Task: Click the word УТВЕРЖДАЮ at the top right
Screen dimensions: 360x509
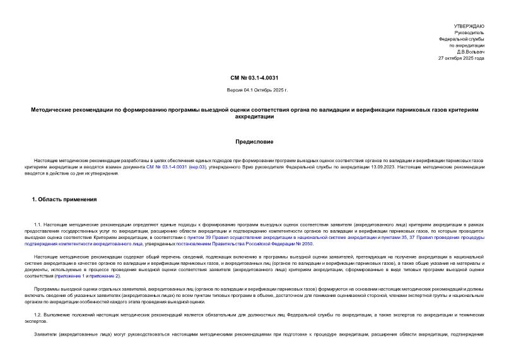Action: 469,26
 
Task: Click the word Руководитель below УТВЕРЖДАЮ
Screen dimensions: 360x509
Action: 469,32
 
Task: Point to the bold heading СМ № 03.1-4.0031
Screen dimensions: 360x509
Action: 254,78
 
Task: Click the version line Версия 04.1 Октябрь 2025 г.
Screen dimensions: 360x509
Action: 254,90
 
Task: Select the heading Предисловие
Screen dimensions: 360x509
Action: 254,141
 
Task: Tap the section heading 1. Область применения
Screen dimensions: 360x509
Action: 64,199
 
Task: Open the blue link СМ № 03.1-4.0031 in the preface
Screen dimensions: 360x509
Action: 167,166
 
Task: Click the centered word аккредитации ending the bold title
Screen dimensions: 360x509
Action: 254,117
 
